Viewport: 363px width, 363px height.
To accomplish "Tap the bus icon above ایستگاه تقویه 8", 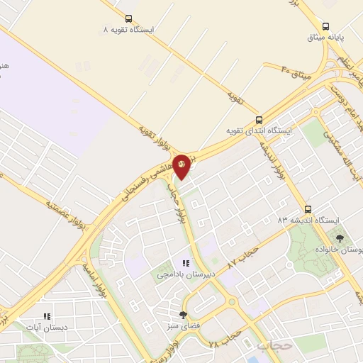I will (x=128, y=19).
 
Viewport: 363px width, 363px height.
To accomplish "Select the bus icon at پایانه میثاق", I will (x=325, y=25).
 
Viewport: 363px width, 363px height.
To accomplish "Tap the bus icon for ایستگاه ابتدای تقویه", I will (x=258, y=120).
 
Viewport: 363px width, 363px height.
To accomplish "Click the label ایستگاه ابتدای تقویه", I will (x=258, y=131).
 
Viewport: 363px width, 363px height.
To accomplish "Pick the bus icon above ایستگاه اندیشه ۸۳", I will (x=308, y=209).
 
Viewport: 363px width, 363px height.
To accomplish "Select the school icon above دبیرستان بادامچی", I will (x=186, y=263).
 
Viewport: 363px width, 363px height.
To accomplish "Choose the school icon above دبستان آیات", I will (x=47, y=317).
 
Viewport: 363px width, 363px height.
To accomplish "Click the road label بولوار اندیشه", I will (x=275, y=164).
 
